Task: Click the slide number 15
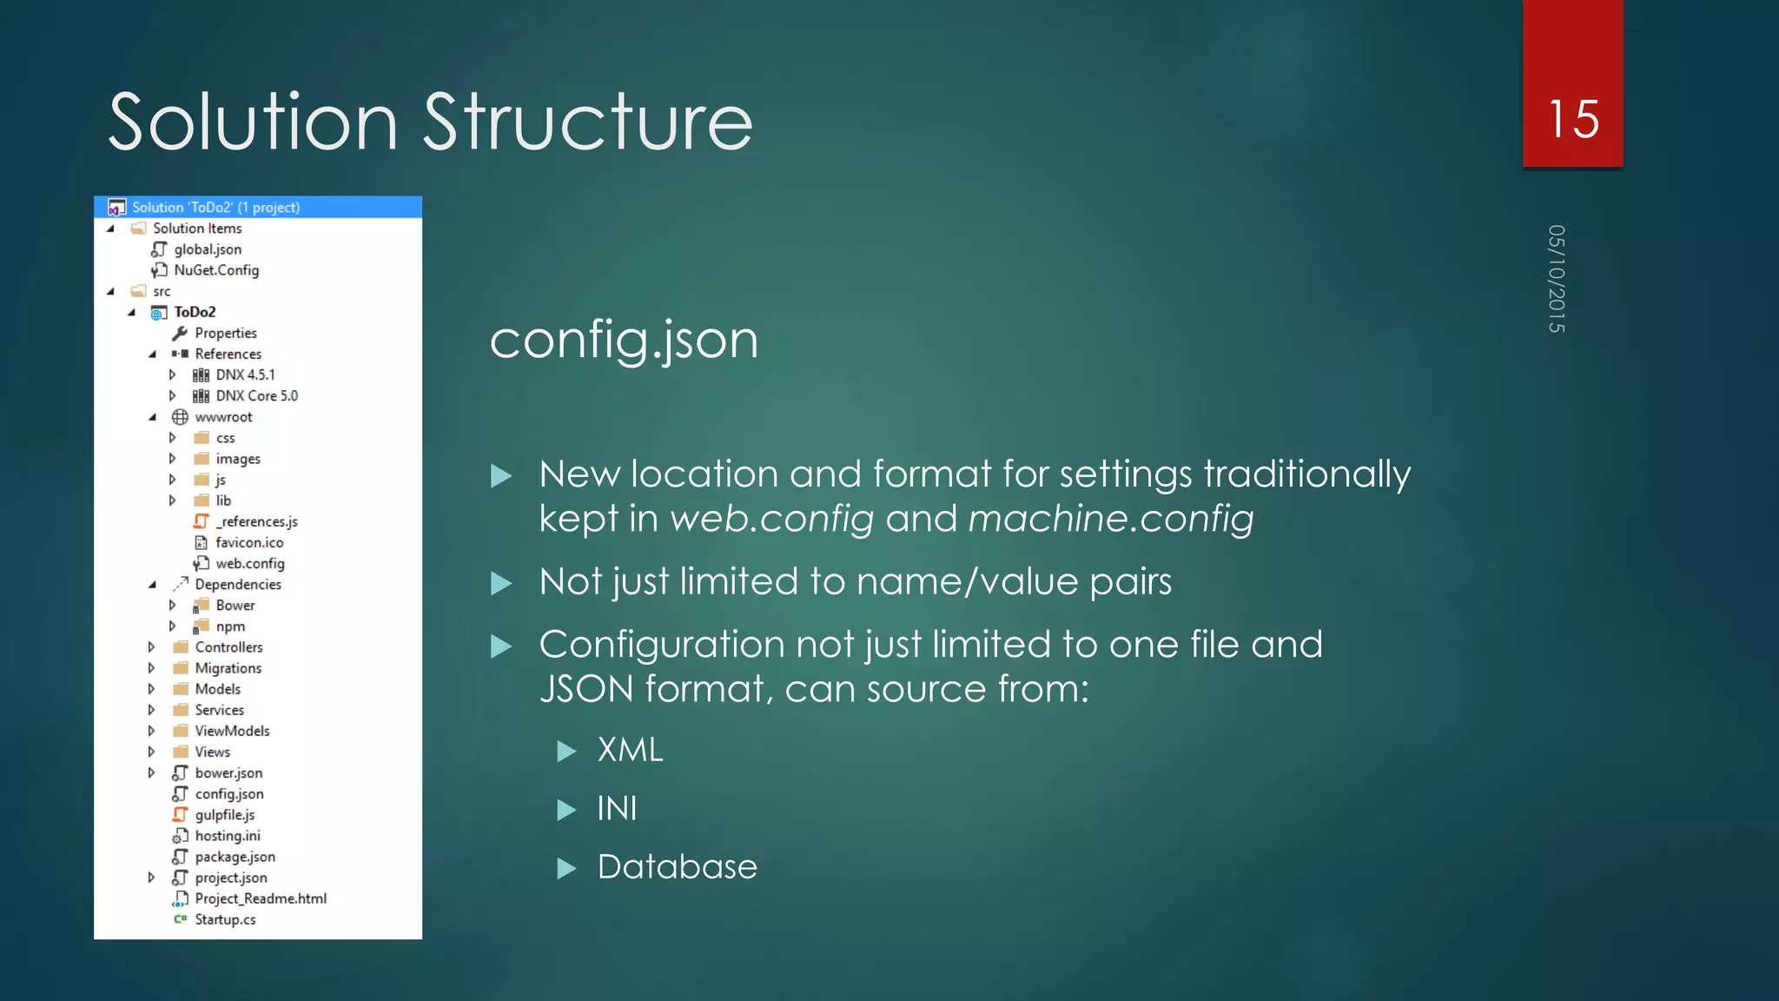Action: click(x=1573, y=119)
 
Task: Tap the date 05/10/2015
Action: click(x=1556, y=279)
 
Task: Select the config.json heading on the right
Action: click(x=624, y=340)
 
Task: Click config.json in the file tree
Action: click(x=228, y=794)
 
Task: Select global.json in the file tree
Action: click(x=208, y=249)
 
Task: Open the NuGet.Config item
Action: click(x=216, y=270)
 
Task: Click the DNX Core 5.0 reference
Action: click(x=256, y=396)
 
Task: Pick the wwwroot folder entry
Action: click(x=223, y=417)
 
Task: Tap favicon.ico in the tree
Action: click(x=249, y=543)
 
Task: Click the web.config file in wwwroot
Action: click(x=250, y=564)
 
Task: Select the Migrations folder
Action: click(x=228, y=668)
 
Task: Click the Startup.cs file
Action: click(x=225, y=920)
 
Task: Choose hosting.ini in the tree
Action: click(x=227, y=836)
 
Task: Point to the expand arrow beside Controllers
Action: click(x=152, y=647)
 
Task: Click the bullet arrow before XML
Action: click(x=566, y=752)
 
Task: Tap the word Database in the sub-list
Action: click(x=677, y=867)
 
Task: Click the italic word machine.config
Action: click(x=1110, y=519)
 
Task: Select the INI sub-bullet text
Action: click(x=617, y=809)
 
